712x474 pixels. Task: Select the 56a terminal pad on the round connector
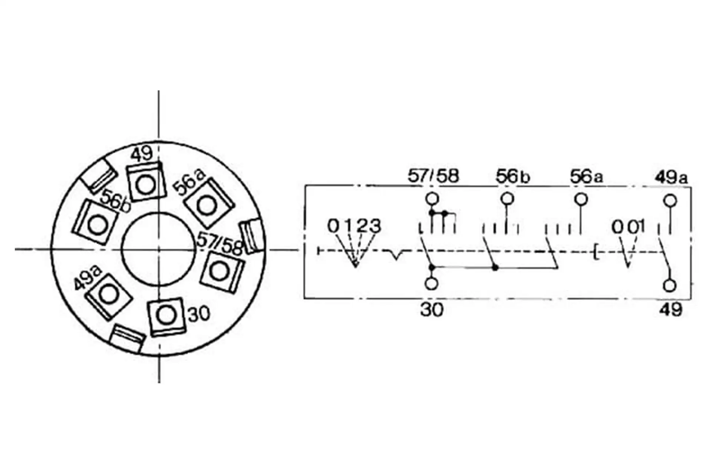[209, 203]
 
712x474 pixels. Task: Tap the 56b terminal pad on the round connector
[95, 223]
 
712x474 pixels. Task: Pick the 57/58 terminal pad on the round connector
[221, 272]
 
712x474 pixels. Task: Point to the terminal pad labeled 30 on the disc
[166, 316]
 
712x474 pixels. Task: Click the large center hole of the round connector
[159, 250]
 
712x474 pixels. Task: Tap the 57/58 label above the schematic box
[433, 176]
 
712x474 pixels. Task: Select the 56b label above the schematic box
[512, 177]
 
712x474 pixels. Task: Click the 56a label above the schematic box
[586, 177]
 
